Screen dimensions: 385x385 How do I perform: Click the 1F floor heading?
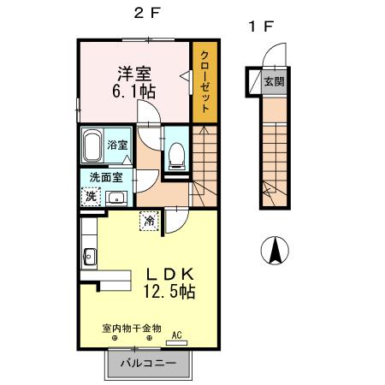260,27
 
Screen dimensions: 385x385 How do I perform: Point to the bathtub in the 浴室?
93,146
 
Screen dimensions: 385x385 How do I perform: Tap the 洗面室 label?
106,177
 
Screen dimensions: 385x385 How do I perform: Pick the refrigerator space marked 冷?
149,220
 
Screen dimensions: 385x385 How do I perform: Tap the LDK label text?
171,274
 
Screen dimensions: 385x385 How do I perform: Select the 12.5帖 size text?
171,293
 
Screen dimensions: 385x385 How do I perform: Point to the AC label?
178,335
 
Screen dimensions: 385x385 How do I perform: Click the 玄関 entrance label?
273,82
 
